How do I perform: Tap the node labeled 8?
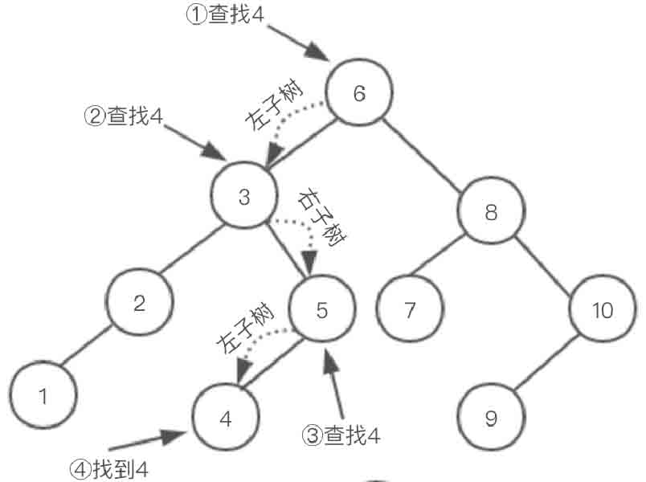coord(491,212)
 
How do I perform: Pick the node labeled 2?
coord(139,303)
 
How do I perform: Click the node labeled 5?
coord(321,310)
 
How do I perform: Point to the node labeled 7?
coord(410,310)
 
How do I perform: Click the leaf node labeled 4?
coord(226,418)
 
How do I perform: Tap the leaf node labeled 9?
coord(491,418)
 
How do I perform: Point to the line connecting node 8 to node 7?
coord(449,256)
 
